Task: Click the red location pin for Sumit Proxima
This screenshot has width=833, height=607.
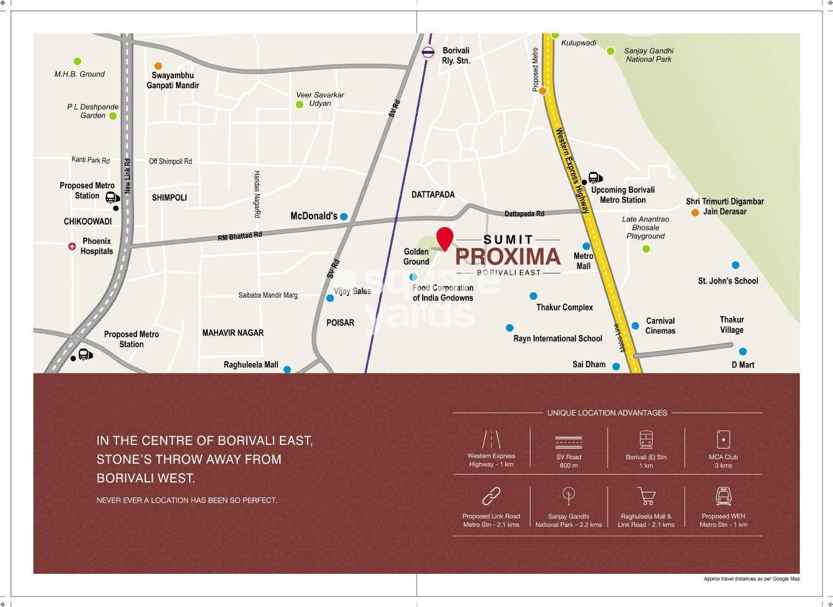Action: click(445, 238)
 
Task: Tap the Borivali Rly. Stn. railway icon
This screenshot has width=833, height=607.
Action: click(428, 53)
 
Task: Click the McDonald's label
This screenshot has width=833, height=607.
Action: click(314, 216)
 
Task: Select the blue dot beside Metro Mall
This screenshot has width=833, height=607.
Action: click(586, 247)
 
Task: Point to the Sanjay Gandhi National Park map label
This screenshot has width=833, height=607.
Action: click(648, 55)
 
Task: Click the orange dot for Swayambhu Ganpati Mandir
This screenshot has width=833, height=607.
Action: click(158, 66)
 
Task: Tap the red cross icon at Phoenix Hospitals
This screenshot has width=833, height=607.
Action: click(72, 247)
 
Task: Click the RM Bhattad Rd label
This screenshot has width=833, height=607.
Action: click(240, 236)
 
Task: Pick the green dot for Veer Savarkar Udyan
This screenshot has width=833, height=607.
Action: click(299, 105)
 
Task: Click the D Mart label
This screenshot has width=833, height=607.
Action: click(743, 364)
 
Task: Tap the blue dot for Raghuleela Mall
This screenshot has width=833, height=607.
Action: click(287, 370)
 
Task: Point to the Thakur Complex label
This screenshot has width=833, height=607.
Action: click(564, 307)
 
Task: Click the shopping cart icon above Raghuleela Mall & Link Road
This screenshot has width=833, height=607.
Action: click(646, 497)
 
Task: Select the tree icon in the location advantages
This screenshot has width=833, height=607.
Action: click(569, 496)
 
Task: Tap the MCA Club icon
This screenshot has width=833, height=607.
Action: click(723, 439)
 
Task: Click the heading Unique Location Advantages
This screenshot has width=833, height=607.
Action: click(607, 413)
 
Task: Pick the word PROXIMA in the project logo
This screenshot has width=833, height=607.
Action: click(507, 257)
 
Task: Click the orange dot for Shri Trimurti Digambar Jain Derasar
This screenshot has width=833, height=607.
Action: click(695, 213)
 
